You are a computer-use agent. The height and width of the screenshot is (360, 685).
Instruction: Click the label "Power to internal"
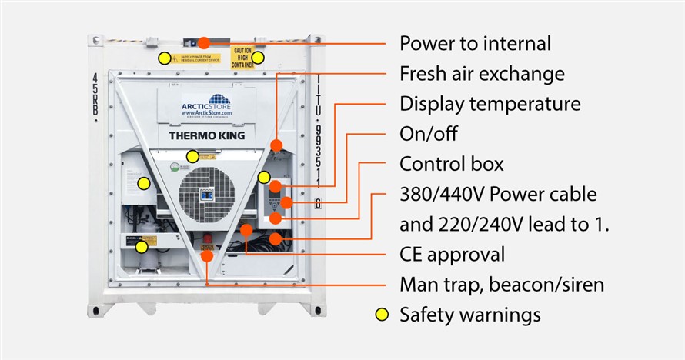(475, 43)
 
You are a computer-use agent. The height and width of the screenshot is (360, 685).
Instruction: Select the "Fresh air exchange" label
(482, 74)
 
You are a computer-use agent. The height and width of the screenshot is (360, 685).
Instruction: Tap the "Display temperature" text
(490, 104)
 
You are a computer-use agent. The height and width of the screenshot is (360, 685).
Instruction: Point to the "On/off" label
(428, 134)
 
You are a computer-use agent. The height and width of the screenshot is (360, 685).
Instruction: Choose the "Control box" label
(451, 164)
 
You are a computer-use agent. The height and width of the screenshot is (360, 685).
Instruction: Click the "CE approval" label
(452, 254)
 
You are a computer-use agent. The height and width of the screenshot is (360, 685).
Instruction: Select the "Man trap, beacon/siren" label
(501, 285)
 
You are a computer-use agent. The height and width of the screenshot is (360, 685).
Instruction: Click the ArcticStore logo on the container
(207, 105)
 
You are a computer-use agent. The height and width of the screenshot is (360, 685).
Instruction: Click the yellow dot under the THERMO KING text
(192, 157)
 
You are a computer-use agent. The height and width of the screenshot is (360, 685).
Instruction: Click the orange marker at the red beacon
(207, 255)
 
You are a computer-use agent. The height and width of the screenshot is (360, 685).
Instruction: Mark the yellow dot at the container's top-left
(164, 58)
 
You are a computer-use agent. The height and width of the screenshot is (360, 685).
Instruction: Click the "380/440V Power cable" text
(498, 194)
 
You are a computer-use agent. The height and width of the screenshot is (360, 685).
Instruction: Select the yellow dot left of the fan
(143, 183)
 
